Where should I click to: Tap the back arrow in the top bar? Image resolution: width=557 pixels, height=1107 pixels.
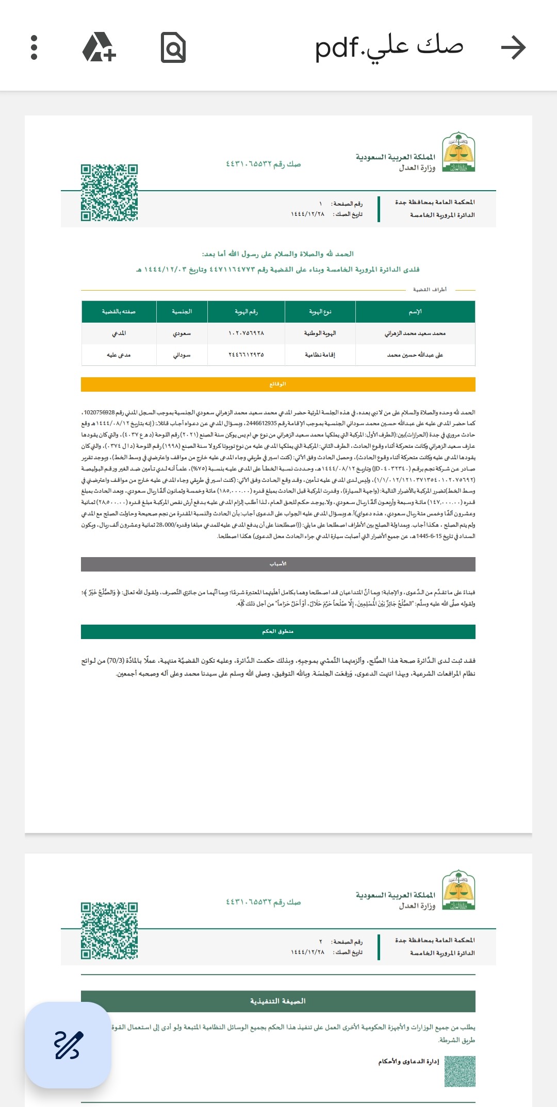(513, 48)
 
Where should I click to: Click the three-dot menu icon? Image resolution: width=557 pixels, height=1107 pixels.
(34, 48)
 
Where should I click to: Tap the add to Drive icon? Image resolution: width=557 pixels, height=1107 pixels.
(99, 48)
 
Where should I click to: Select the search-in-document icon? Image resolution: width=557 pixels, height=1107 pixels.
(173, 48)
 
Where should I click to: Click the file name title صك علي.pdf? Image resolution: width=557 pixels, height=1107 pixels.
(389, 48)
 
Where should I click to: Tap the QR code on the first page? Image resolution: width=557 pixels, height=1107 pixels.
(109, 193)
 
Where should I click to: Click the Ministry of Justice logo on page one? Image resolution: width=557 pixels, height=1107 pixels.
(458, 152)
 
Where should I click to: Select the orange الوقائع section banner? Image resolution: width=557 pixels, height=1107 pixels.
(278, 384)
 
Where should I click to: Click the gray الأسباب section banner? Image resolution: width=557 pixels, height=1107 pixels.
(278, 564)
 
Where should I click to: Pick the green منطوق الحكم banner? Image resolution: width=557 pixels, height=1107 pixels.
(278, 632)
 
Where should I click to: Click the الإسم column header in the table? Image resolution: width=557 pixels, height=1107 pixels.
(415, 312)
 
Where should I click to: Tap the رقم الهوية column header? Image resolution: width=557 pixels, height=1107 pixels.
(246, 312)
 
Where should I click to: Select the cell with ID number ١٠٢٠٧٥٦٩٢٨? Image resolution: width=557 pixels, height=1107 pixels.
(246, 333)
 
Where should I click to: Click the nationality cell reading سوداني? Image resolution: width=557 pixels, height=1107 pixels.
(182, 355)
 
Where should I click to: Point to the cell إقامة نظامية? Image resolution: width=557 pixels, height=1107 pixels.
(320, 355)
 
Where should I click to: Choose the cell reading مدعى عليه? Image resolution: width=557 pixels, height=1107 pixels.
(119, 355)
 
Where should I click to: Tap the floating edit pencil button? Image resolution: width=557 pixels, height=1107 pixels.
(68, 1045)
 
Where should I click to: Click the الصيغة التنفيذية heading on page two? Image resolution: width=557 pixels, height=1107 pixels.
(278, 1001)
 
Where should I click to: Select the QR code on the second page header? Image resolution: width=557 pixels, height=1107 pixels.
(109, 931)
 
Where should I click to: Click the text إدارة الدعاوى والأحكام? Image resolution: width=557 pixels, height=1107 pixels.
(408, 1062)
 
